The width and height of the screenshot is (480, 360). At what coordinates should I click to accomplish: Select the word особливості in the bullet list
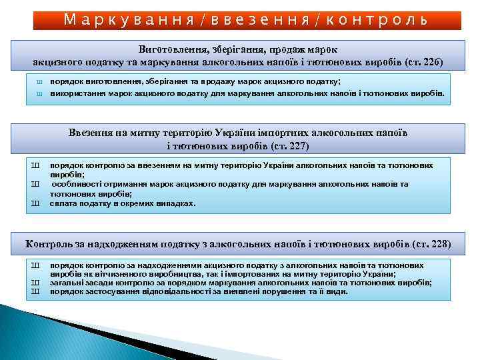pyautogui.click(x=77, y=183)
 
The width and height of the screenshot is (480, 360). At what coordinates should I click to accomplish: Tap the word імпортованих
pyautogui.click(x=251, y=274)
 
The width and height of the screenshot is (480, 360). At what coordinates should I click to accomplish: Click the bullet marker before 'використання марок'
pyautogui.click(x=38, y=94)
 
